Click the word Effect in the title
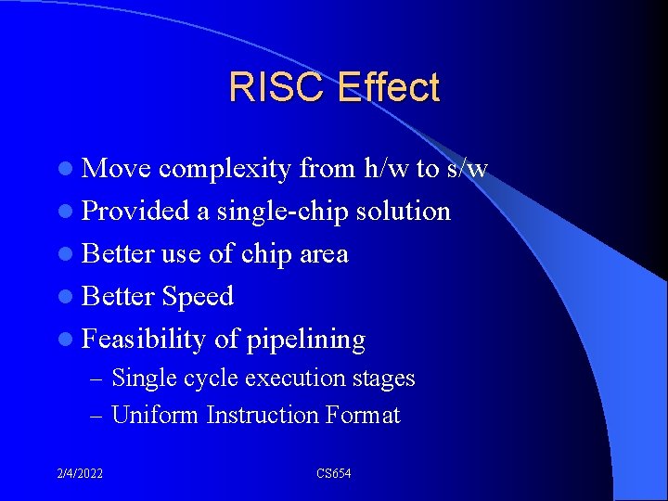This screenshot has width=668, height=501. point(389,87)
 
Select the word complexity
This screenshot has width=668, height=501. point(225,169)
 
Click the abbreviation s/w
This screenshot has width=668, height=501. point(467,168)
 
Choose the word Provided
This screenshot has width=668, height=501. point(135,211)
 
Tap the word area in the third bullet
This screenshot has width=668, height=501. point(324,253)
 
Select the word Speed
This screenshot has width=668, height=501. point(198,297)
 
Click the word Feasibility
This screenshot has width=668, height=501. point(143,340)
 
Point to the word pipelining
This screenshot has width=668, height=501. point(306,340)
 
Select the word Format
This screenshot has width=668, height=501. point(363,415)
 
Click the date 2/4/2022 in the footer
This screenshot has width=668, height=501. point(79,474)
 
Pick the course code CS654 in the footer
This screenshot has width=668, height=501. point(333,474)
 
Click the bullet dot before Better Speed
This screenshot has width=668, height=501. point(71,297)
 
